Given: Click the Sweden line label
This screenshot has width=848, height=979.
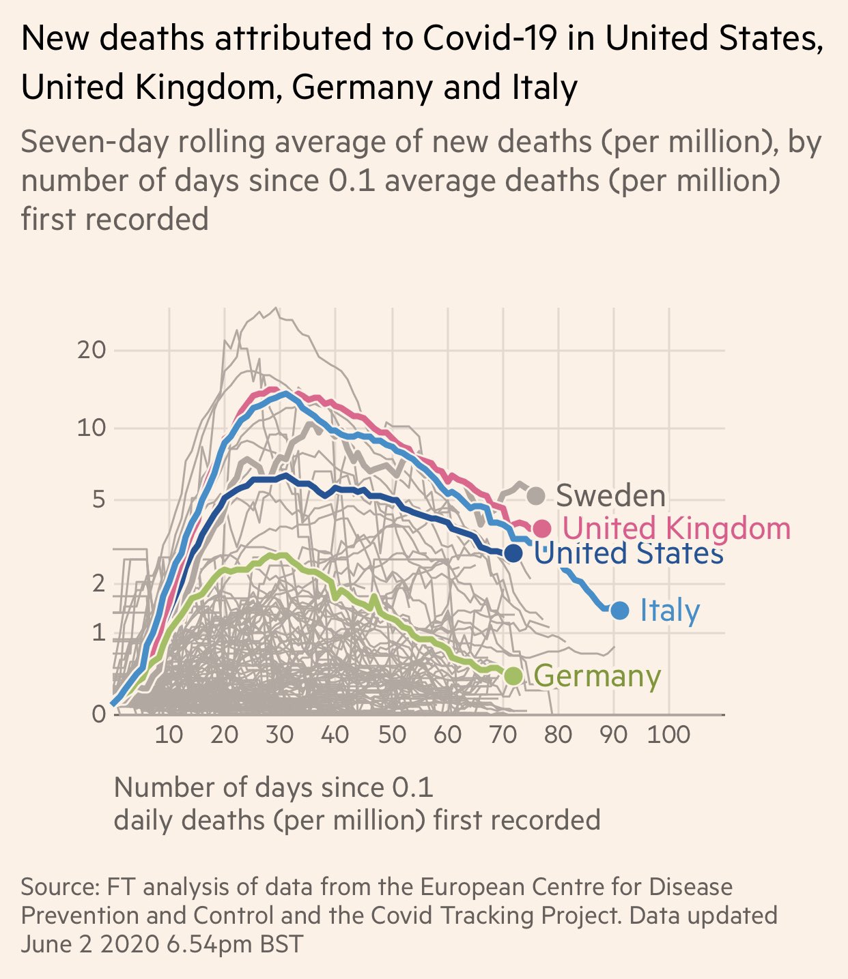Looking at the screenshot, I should pos(610,495).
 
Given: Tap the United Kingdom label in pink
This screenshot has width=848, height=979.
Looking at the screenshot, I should pos(677,528).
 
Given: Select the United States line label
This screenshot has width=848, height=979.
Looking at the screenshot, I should pos(628,553).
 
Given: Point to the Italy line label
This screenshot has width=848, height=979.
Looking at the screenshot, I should pos(670,611).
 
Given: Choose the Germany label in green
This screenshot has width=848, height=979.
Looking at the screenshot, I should pos(597,676).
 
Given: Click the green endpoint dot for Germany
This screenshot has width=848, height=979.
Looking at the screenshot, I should pos(513,675).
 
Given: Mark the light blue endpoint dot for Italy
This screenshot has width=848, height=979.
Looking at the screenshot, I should pos(619,610).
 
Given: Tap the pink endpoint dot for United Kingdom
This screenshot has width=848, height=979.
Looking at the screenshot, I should pos(542,528).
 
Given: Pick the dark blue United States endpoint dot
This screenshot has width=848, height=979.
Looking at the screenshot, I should pos(513,553).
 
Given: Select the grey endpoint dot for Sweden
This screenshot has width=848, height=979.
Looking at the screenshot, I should pos(536,495).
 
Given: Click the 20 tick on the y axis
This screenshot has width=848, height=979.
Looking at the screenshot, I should pos(91,351).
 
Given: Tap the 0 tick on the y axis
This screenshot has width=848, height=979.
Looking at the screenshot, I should pos(99,714).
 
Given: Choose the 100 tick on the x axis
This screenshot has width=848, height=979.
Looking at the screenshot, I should pos(668,735).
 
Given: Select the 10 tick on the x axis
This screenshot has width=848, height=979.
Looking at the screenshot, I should pos(169,735).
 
